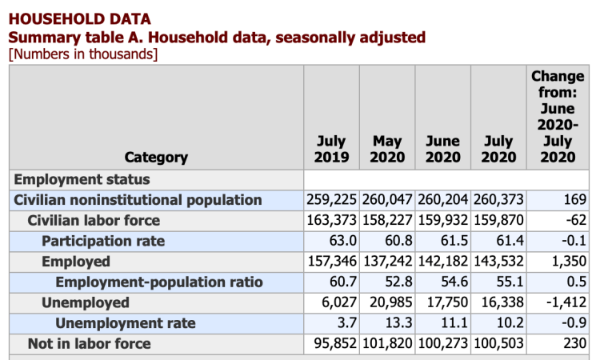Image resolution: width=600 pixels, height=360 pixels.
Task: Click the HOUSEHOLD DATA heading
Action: click(x=78, y=18)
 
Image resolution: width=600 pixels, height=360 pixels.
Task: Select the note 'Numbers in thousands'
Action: click(x=82, y=54)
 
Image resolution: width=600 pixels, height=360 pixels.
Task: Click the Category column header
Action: click(x=156, y=157)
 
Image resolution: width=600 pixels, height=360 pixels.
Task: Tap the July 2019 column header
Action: click(x=331, y=149)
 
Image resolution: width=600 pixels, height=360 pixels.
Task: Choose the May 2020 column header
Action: click(x=387, y=149)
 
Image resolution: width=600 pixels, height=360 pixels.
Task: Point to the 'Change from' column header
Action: click(x=558, y=116)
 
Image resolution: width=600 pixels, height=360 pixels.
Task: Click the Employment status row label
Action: click(x=82, y=179)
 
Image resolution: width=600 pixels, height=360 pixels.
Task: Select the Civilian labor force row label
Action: click(x=94, y=220)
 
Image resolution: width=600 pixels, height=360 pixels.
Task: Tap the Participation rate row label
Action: click(x=103, y=241)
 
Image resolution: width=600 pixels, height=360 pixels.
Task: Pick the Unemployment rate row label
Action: click(x=125, y=323)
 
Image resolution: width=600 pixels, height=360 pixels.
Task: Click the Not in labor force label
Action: click(x=89, y=344)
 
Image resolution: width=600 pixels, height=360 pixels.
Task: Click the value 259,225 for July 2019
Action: click(x=331, y=199)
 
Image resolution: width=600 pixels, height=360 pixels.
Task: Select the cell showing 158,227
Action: click(x=387, y=220)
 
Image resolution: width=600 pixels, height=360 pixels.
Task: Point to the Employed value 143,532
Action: click(x=498, y=262)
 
